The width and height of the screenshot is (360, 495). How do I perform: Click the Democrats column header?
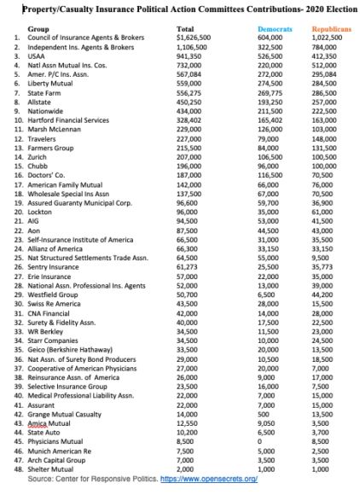[x=275, y=29]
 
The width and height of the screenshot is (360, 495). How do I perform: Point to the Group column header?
[x=38, y=29]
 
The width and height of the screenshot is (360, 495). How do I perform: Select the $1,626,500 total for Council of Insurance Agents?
[x=195, y=38]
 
